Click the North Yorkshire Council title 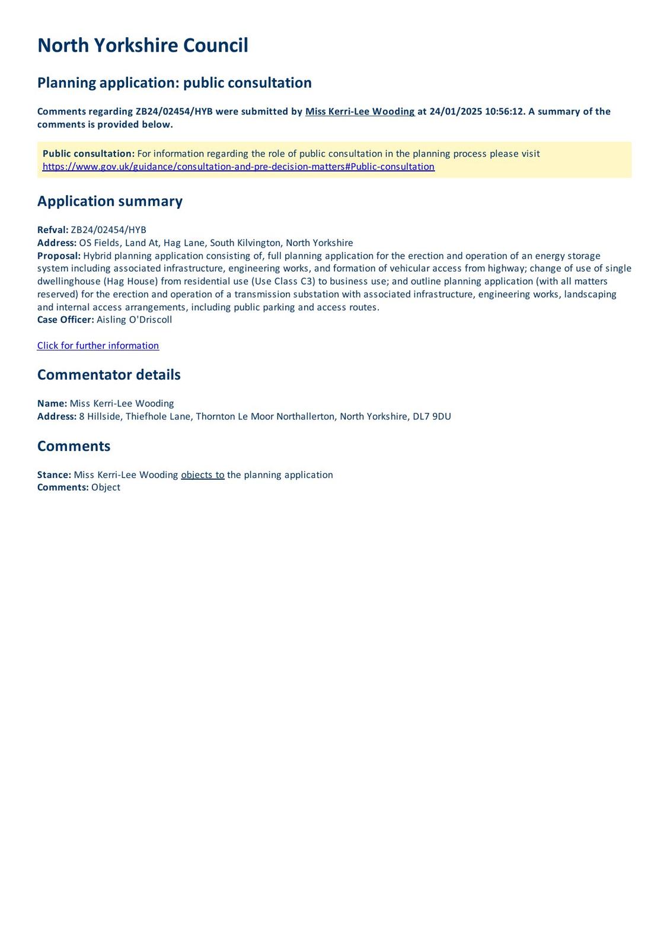[142, 46]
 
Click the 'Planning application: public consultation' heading [174, 82]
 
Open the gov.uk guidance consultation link [238, 167]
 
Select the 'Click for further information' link [98, 346]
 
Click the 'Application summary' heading [110, 201]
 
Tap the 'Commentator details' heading [109, 375]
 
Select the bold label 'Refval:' [53, 230]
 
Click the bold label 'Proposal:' [59, 256]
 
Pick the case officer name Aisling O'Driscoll [134, 320]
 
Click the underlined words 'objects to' [203, 474]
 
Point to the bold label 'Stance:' [54, 474]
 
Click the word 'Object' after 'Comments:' [106, 488]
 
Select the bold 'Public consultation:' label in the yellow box [88, 154]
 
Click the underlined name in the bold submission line [359, 112]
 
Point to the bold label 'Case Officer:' [65, 320]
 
